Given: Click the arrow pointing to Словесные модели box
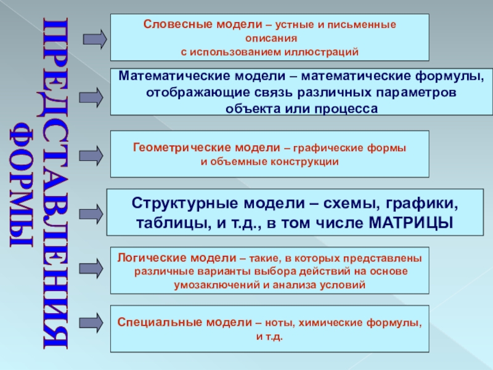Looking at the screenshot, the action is pos(94,39).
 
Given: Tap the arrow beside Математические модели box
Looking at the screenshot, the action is pos(92,97).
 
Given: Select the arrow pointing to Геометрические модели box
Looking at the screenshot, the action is pos(92,154).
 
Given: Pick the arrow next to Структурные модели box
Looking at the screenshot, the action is pos(92,213).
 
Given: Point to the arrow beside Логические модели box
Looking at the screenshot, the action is pos(92,269).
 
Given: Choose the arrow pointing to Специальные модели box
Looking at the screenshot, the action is pos(92,323).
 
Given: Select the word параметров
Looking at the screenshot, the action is pos(420,92).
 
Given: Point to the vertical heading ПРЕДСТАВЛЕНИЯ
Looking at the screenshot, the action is pos(57,185).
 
